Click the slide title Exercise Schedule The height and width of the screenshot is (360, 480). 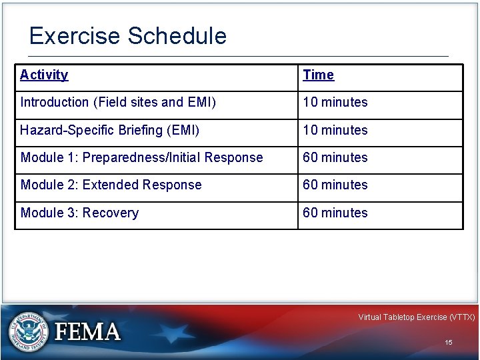point(128,36)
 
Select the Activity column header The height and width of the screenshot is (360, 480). point(44,75)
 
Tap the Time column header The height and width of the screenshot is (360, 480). point(319,75)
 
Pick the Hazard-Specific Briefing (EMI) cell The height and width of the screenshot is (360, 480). point(110,130)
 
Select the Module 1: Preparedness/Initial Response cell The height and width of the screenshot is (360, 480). point(141,158)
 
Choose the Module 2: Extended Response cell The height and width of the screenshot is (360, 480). point(111,185)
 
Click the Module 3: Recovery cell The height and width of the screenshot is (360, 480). point(79,213)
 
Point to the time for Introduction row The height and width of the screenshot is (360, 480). point(335,103)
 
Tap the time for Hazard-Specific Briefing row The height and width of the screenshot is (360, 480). point(335,130)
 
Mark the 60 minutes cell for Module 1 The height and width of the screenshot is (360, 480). point(335,158)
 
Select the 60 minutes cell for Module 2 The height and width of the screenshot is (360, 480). point(335,185)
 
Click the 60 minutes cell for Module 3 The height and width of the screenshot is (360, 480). point(335,213)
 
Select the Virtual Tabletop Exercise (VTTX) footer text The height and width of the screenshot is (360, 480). point(416,317)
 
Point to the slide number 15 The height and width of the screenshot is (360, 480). point(449,343)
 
